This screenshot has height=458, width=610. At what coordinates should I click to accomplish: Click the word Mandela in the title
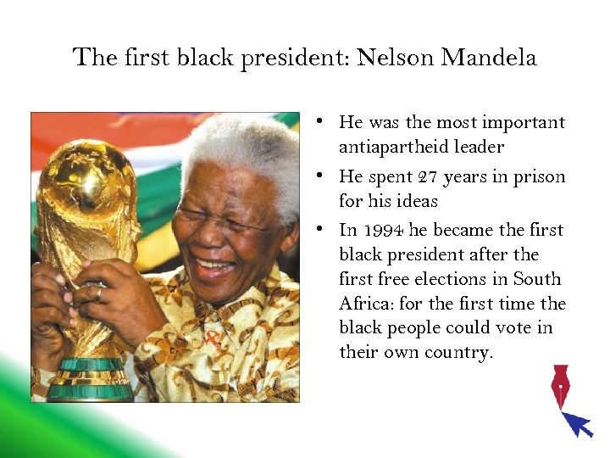click(x=490, y=58)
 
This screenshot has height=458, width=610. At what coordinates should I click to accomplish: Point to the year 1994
click(x=383, y=231)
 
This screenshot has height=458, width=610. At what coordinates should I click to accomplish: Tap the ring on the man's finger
click(x=99, y=292)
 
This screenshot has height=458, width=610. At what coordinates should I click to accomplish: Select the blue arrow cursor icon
click(x=579, y=423)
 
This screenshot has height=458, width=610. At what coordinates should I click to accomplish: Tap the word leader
click(x=480, y=148)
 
